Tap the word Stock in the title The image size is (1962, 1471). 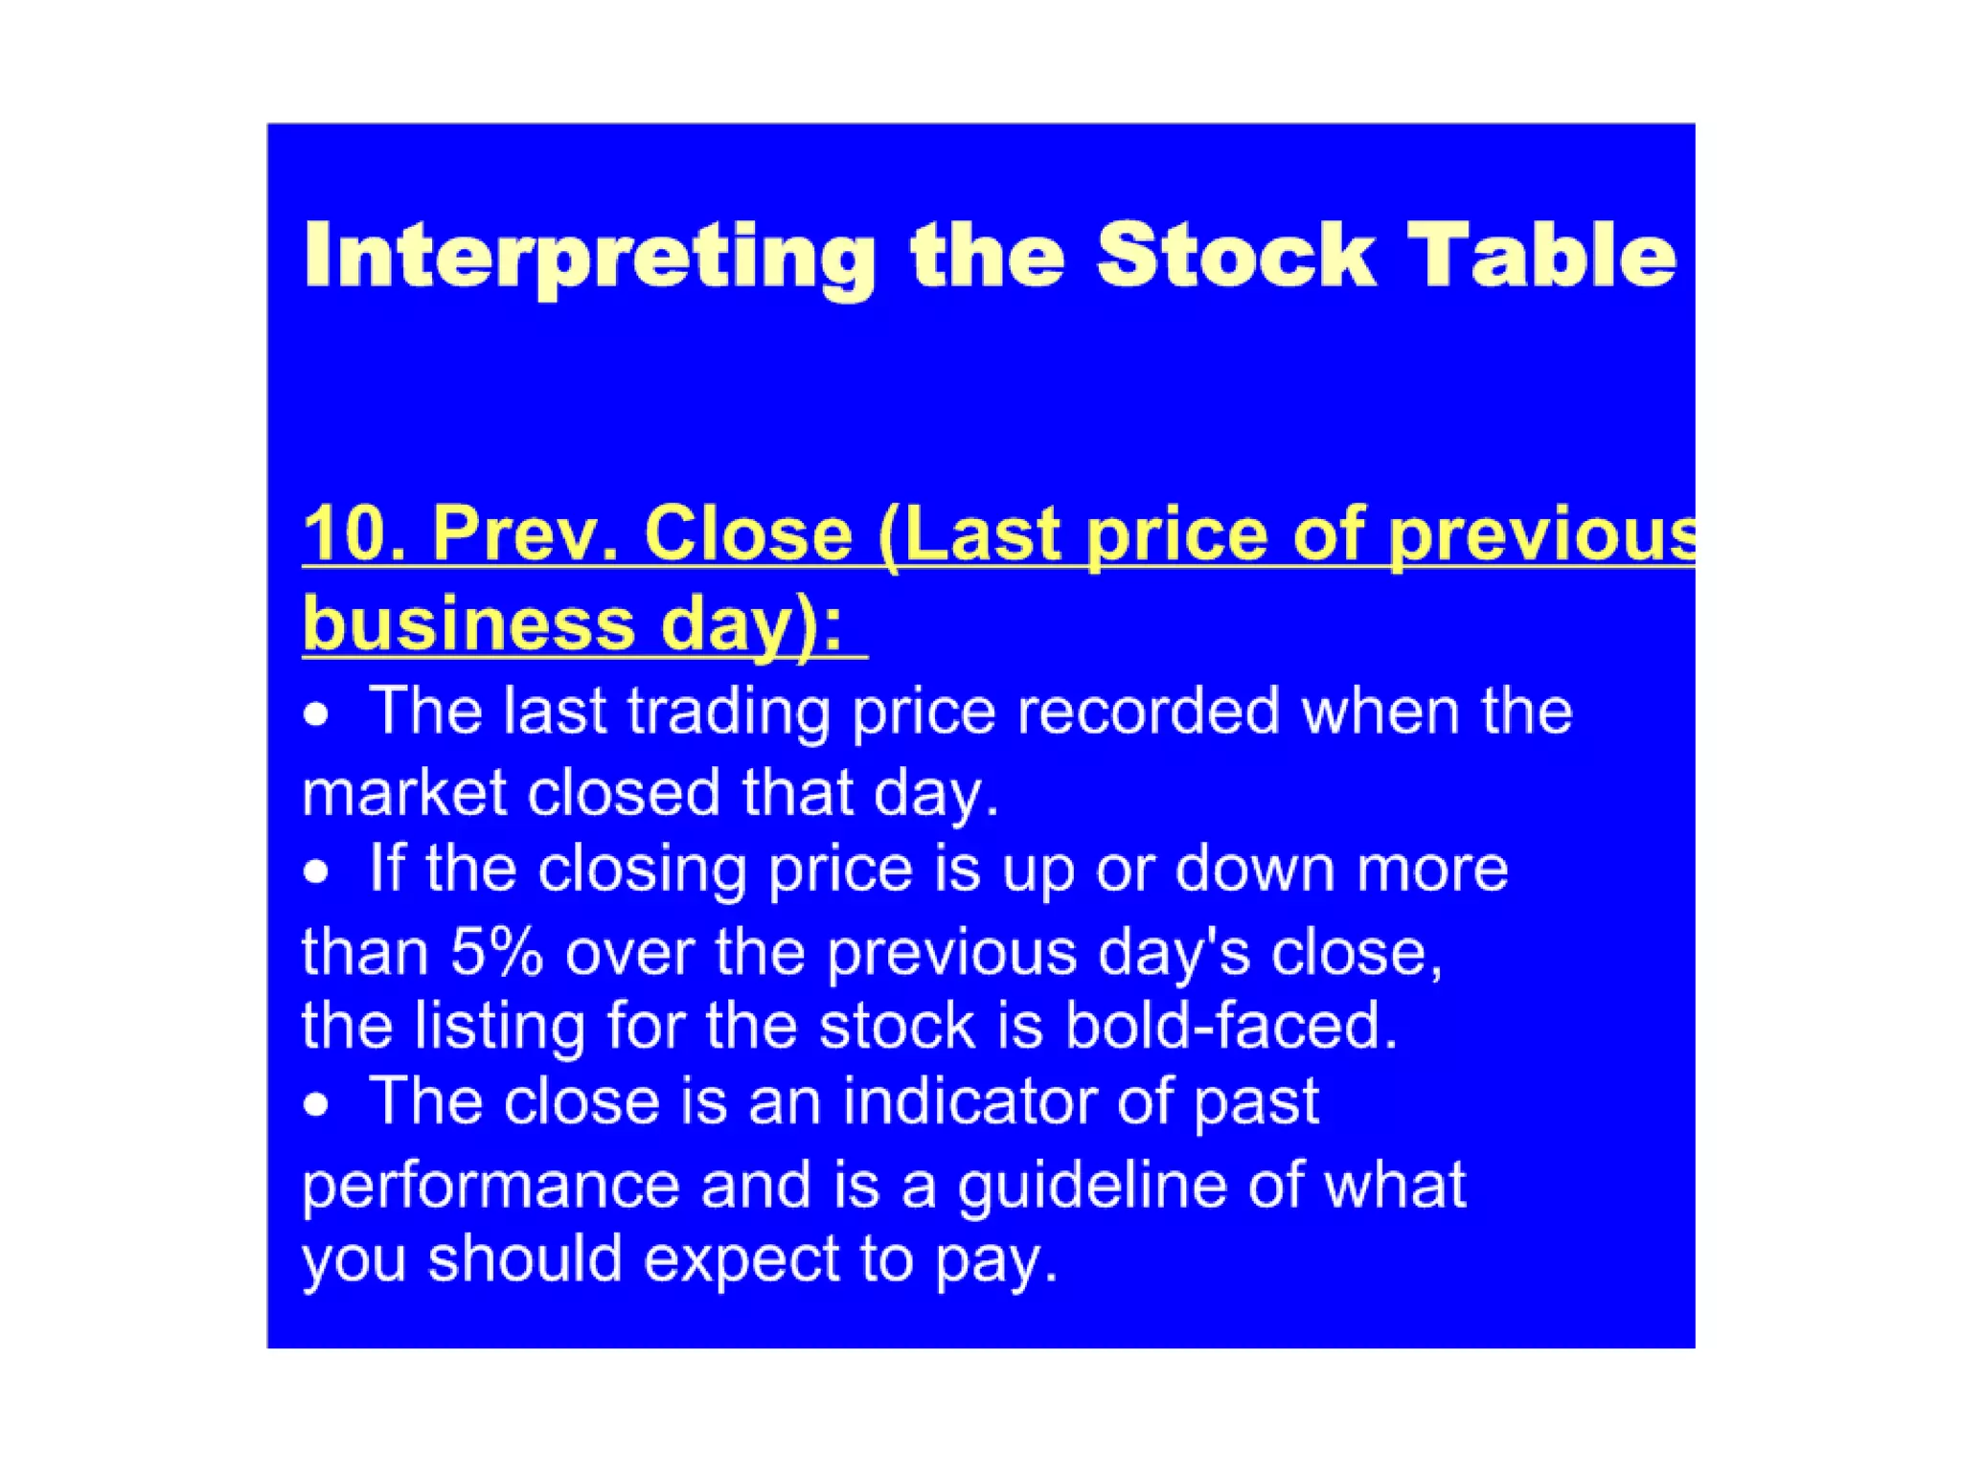tap(1236, 255)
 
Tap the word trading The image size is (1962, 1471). tap(727, 713)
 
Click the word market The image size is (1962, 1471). tap(403, 794)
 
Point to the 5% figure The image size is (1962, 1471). tap(496, 954)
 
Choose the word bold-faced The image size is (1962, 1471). tap(1230, 1026)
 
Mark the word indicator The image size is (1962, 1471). tap(969, 1101)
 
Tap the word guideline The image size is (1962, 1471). tap(1092, 1187)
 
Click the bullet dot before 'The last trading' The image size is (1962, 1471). tap(316, 714)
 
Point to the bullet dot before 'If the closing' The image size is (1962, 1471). tap(316, 871)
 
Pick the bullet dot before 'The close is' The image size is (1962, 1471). tap(316, 1105)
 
